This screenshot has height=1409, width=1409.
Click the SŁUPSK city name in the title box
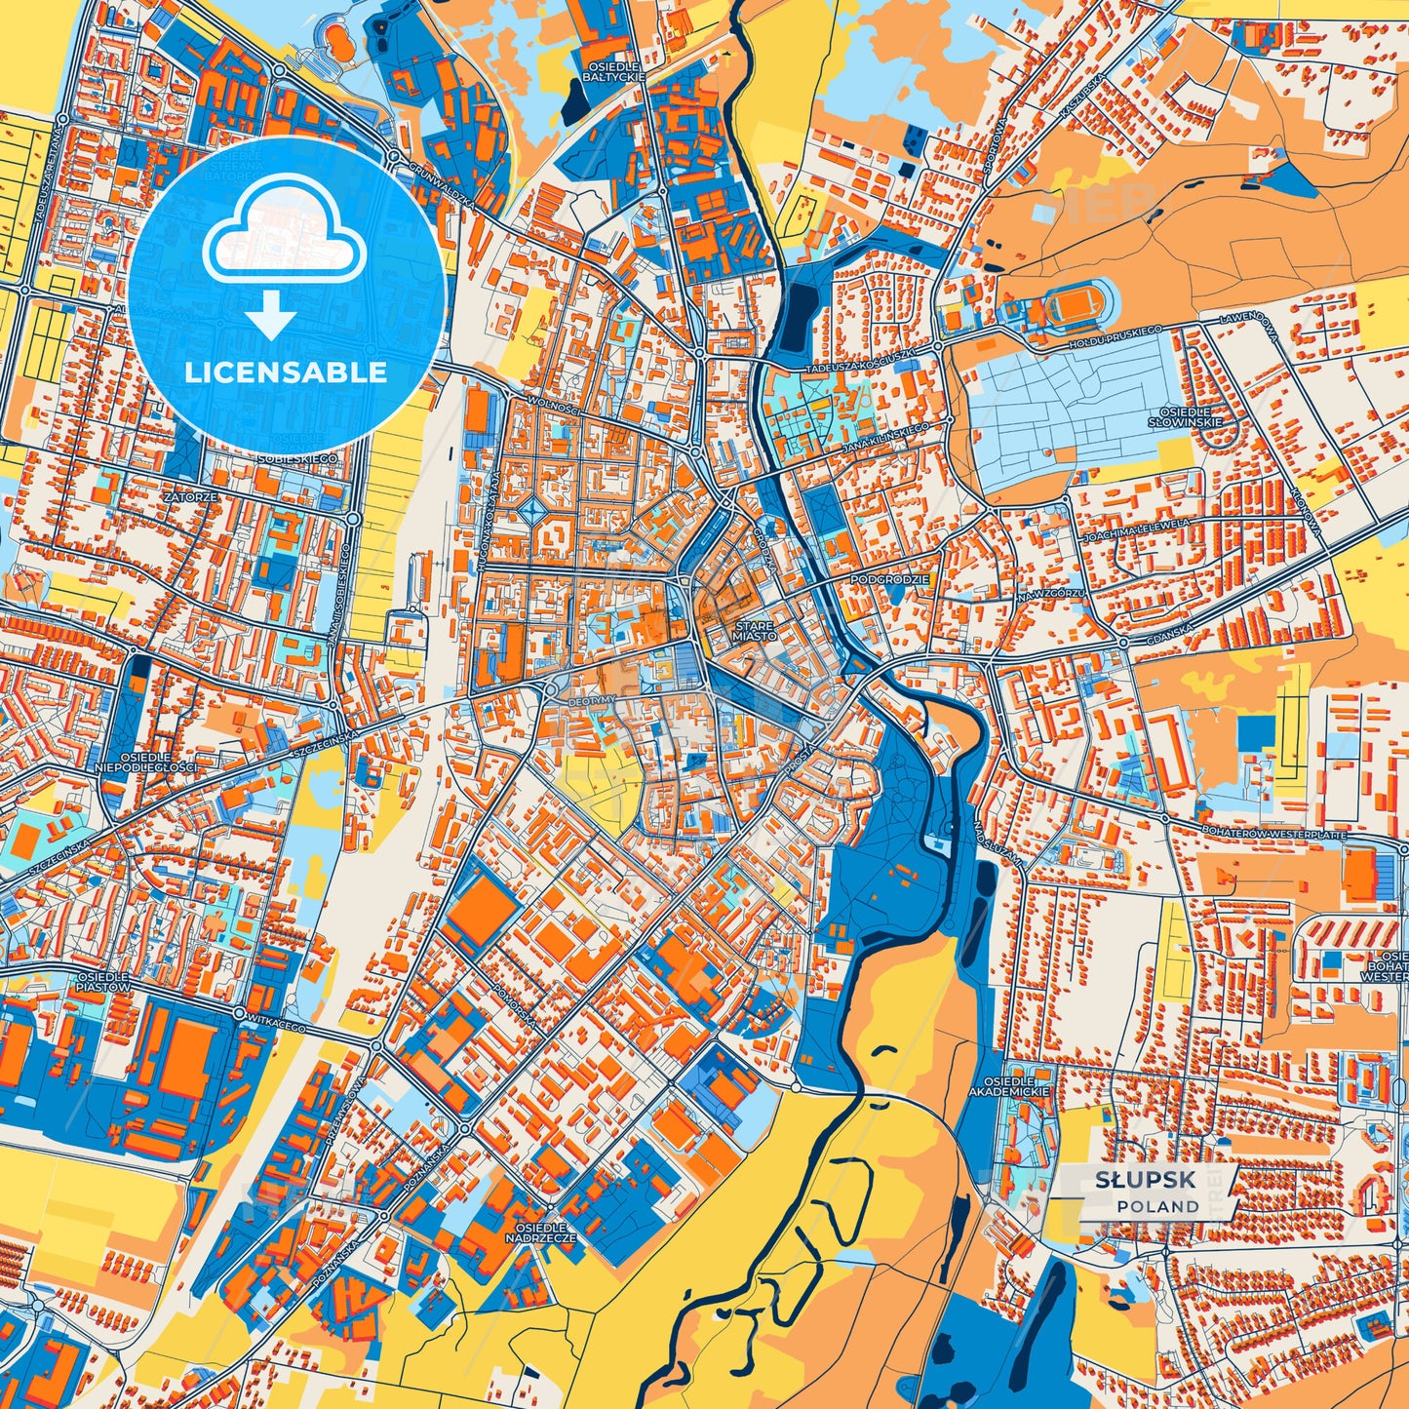pos(1145,1180)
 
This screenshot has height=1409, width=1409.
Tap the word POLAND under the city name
pos(1158,1206)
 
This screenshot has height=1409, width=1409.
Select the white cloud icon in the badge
pos(284,240)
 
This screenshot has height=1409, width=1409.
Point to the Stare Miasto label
pos(755,630)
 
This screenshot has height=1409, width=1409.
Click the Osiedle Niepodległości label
pos(146,762)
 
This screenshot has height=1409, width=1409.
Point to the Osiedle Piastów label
pos(102,981)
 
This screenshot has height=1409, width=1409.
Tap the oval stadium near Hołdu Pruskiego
pos(1073,305)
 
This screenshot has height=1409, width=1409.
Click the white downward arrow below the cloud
pos(271,316)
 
